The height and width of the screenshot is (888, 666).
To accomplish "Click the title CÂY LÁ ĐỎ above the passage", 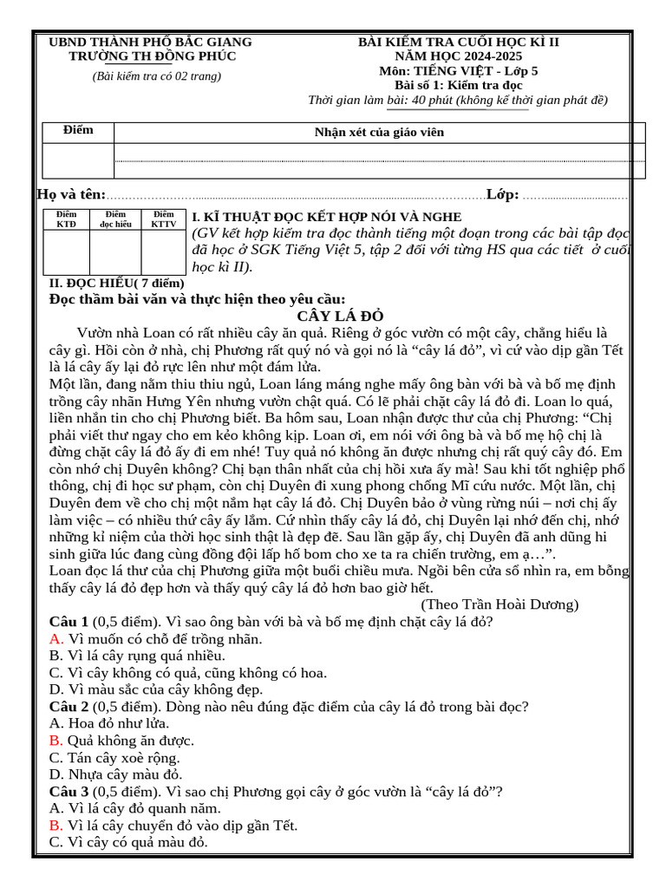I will click(340, 316).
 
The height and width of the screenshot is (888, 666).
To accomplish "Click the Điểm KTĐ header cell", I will click(66, 219).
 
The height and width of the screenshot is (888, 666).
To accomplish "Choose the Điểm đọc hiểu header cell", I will click(115, 219).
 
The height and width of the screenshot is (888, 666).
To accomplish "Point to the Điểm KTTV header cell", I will click(163, 219).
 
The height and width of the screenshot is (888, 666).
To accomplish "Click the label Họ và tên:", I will click(72, 194).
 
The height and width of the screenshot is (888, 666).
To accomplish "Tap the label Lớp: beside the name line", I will click(503, 194).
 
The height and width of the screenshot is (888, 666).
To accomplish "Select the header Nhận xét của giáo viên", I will click(378, 132).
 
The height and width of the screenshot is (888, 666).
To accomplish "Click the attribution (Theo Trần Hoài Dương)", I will click(499, 604).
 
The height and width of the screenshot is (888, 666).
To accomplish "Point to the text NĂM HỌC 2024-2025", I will click(460, 56).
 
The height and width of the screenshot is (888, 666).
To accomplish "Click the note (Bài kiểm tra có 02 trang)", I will click(157, 76).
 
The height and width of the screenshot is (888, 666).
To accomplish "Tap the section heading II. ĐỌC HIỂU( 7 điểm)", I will click(117, 284).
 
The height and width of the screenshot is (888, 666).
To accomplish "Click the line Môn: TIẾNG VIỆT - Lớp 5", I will click(459, 71).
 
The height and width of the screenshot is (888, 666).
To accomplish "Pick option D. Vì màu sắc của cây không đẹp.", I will click(156, 689).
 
